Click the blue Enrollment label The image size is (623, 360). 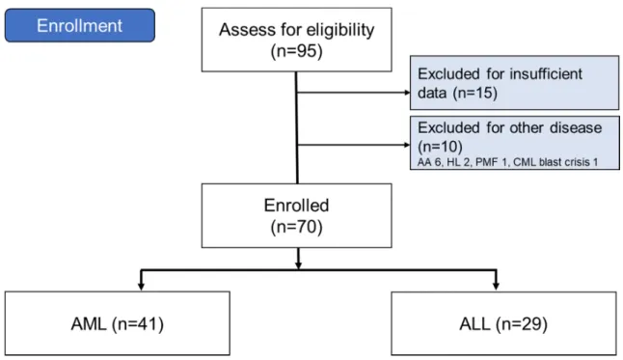pos(80,25)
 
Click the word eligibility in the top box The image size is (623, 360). pos(340,30)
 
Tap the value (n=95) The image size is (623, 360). pos(296,51)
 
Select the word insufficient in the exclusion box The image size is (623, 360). pos(546,74)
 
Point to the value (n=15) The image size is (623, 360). pos(474,93)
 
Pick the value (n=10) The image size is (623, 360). pos(440,147)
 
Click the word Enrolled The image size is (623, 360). pos(296,206)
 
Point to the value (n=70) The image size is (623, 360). pos(296,227)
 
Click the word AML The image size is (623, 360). pos(89,323)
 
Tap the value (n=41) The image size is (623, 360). pos(138,324)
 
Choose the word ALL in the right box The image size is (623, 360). pos(474,323)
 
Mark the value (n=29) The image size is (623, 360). pos(522,324)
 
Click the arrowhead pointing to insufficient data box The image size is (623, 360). pos(407,93)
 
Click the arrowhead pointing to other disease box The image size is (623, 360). pos(407,145)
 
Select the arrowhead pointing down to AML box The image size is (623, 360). pos(141,286)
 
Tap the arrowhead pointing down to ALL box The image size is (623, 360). pos(496,286)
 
